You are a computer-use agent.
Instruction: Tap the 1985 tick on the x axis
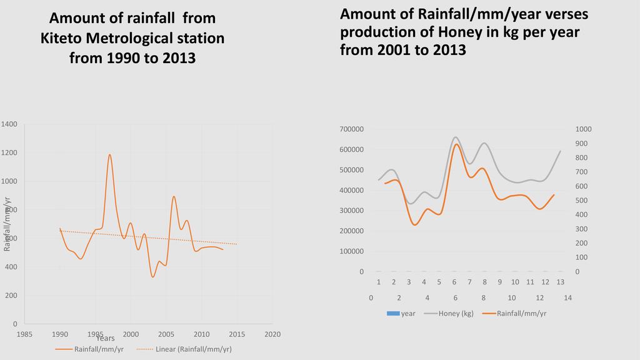coord(24,334)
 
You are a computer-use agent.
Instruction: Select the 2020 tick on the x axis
coord(272,334)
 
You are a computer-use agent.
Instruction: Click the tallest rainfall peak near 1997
coord(110,154)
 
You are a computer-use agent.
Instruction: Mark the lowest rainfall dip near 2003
coord(152,277)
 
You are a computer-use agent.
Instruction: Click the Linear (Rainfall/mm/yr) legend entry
coord(193,349)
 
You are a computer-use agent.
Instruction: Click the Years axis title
coord(105,338)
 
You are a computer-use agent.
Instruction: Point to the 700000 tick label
coord(352,129)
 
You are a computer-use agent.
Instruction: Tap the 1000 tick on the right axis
coord(584,129)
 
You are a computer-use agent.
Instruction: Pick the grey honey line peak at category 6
coord(455,137)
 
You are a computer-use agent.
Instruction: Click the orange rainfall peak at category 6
coord(456,144)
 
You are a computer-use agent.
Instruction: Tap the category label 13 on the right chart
coord(561,282)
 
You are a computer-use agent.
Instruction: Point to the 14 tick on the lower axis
coord(567,297)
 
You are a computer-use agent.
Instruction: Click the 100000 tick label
coord(352,251)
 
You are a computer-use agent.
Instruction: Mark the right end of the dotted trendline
coord(237,244)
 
